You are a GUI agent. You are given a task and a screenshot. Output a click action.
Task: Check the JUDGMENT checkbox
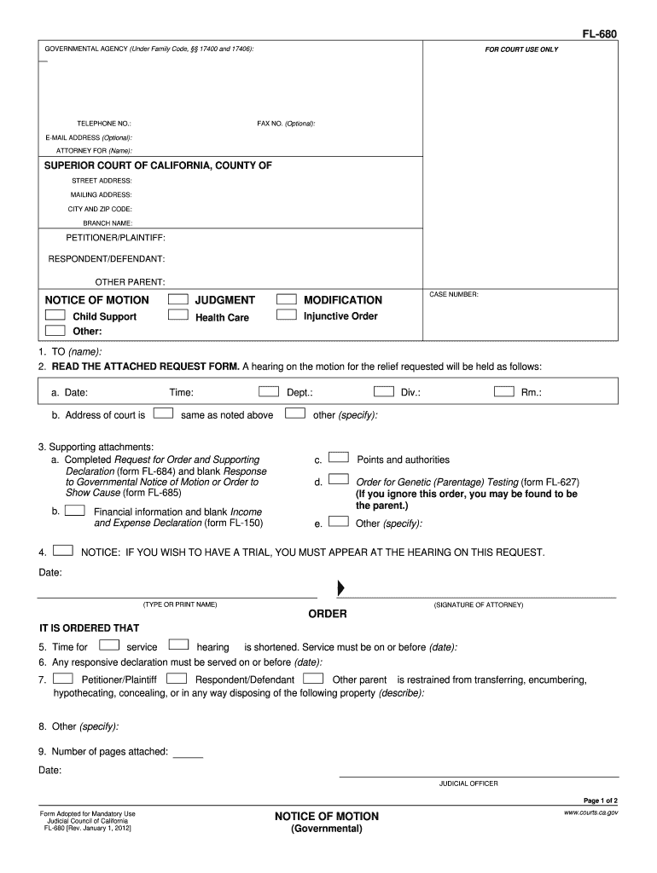tap(178, 299)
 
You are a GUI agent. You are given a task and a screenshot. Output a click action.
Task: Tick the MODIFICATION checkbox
tap(287, 299)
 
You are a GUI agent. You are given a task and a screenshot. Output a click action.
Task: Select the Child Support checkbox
tap(55, 315)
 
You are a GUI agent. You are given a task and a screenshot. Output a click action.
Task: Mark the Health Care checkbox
tap(178, 315)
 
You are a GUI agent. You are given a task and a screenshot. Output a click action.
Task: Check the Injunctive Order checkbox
tap(287, 315)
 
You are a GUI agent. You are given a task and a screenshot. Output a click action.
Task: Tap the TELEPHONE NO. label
tap(104, 124)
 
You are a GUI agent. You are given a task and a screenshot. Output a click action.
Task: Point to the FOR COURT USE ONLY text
tap(521, 49)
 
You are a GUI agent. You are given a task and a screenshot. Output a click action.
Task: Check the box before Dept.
tap(269, 392)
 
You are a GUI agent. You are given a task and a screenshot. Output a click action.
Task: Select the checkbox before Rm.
tap(504, 392)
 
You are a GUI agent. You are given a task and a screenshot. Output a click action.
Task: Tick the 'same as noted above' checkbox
tap(165, 413)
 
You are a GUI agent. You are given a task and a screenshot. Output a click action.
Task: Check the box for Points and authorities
tap(339, 458)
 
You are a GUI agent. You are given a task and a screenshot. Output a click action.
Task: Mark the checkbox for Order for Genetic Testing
tap(339, 480)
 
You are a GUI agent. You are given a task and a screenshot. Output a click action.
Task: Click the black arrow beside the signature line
tap(341, 588)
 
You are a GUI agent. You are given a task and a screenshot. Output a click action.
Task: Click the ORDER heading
tap(328, 615)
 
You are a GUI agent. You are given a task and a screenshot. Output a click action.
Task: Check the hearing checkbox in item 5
tap(179, 645)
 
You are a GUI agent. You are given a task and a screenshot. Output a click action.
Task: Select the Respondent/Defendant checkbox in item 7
tap(177, 679)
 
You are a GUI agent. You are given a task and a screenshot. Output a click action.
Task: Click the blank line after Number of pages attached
tap(189, 754)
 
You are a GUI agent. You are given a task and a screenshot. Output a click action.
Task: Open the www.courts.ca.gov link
tap(590, 813)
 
